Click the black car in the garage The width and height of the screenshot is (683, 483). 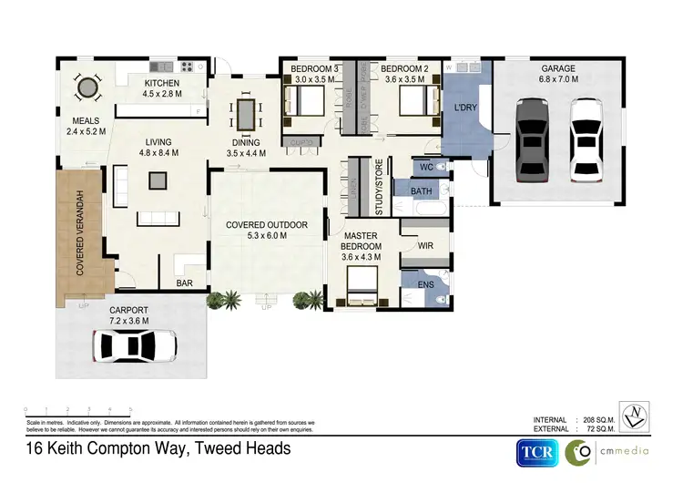click(x=529, y=139)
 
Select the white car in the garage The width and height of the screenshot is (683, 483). click(x=583, y=139)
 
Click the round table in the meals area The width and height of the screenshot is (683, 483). click(x=87, y=87)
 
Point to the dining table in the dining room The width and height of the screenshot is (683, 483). click(x=246, y=114)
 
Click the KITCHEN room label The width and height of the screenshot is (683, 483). click(x=161, y=84)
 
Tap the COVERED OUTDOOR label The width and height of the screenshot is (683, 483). click(x=267, y=224)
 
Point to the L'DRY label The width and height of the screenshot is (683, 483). click(x=466, y=110)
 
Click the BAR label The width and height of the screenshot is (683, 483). click(x=185, y=283)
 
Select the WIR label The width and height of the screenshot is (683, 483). click(x=424, y=246)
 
